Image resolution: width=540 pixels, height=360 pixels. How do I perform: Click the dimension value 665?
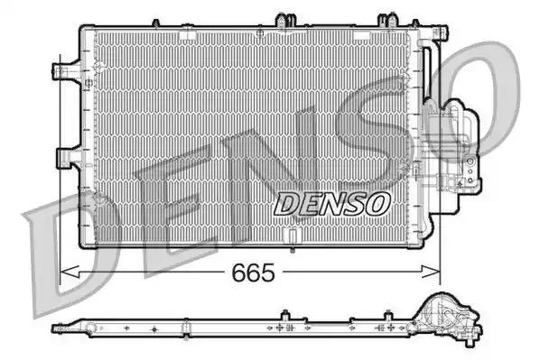[254, 272]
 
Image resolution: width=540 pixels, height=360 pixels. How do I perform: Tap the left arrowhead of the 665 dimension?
[70, 272]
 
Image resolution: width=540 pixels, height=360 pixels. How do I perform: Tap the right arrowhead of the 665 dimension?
[431, 272]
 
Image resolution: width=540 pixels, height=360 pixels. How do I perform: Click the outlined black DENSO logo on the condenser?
[332, 204]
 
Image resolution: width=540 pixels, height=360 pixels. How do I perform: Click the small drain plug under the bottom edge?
[293, 250]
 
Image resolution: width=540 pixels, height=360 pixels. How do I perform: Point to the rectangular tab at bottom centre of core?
[293, 236]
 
